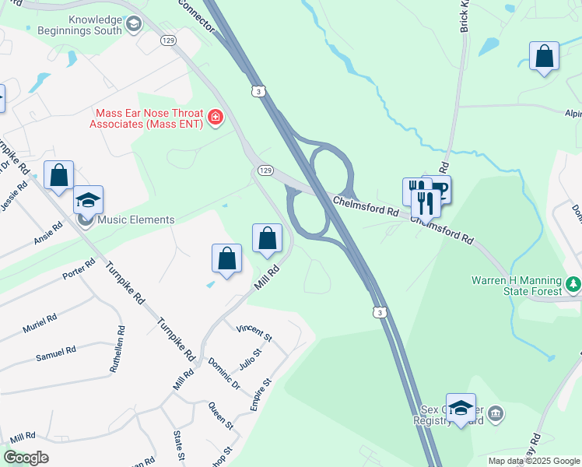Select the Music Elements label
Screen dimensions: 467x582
135,219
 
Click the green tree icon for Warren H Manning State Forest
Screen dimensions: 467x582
573,283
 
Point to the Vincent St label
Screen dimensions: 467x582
254,333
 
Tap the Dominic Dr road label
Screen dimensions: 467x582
223,372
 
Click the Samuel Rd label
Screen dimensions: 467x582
55,353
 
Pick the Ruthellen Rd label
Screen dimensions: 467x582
116,351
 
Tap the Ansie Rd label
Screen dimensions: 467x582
47,233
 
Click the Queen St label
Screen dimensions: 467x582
220,416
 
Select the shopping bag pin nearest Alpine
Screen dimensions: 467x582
544,56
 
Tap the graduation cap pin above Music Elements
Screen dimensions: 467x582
89,199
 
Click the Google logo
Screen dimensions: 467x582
26,458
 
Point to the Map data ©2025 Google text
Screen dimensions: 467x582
533,461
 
